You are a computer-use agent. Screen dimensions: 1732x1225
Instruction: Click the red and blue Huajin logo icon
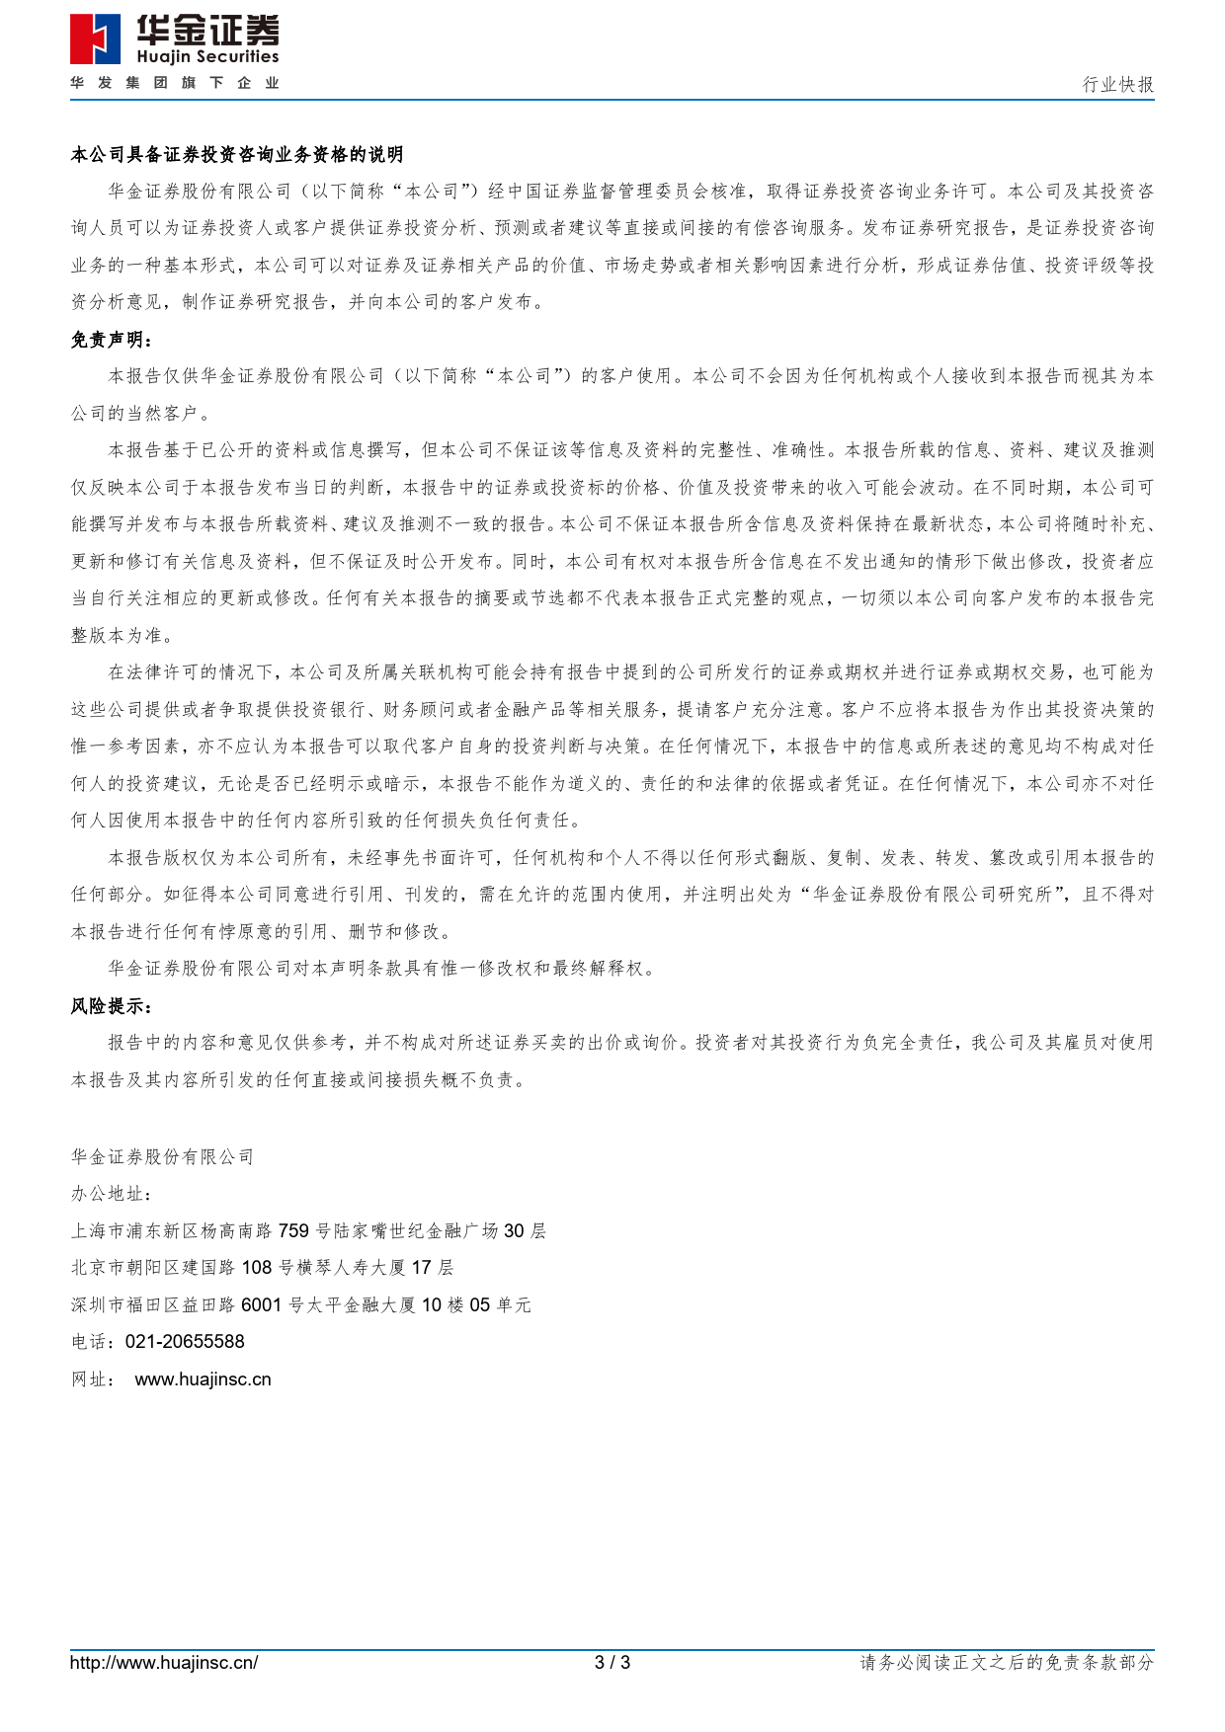click(95, 39)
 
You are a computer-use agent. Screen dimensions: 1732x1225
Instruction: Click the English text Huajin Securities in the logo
click(207, 57)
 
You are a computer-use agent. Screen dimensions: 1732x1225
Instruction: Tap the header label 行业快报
click(1117, 85)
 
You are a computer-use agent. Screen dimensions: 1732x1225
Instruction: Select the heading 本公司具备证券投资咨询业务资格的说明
click(237, 155)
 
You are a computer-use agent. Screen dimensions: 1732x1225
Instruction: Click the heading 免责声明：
click(112, 340)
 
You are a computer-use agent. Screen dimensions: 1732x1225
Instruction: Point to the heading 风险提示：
click(112, 1006)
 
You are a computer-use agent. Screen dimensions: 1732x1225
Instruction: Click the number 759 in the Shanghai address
click(293, 1231)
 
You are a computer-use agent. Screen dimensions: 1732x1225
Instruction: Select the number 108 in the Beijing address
click(257, 1268)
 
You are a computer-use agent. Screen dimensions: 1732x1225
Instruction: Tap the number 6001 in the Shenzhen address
click(262, 1305)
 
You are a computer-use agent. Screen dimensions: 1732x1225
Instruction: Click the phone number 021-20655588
click(185, 1342)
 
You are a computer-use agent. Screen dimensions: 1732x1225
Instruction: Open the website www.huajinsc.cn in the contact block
click(203, 1379)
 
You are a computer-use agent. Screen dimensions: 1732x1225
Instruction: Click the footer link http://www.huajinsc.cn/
click(164, 1663)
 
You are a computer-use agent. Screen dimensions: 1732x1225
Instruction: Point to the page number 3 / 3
click(612, 1663)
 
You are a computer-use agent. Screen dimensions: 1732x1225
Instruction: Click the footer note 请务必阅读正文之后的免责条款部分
click(1007, 1663)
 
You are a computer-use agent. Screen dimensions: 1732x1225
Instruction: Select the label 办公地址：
click(112, 1194)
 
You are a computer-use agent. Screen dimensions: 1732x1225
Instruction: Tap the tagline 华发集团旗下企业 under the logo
click(175, 83)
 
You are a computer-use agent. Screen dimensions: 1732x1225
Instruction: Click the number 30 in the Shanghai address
click(514, 1231)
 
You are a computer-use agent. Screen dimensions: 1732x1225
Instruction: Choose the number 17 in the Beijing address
click(422, 1268)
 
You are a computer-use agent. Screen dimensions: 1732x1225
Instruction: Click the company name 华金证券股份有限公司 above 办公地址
click(162, 1157)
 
